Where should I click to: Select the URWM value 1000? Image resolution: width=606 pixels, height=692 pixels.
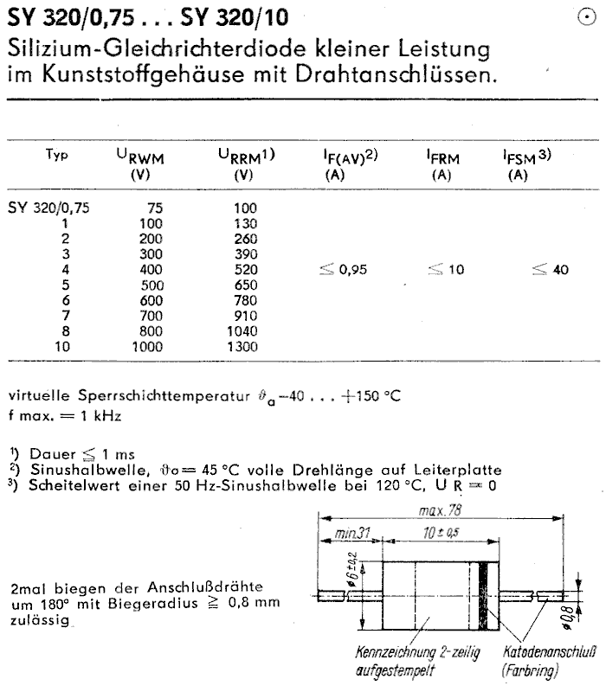tap(145, 348)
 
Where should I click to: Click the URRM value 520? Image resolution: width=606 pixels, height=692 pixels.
tap(246, 270)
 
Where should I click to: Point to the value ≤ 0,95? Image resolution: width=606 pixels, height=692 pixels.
tap(344, 270)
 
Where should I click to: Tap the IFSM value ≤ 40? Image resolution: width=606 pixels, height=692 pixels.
tap(551, 270)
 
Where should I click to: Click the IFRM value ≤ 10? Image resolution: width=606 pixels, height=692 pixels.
tap(446, 270)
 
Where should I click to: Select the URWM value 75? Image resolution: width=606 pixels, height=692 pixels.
tap(151, 208)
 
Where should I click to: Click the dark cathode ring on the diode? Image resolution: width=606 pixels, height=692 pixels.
tap(485, 598)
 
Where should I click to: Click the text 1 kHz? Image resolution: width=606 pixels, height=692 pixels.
tap(100, 415)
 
